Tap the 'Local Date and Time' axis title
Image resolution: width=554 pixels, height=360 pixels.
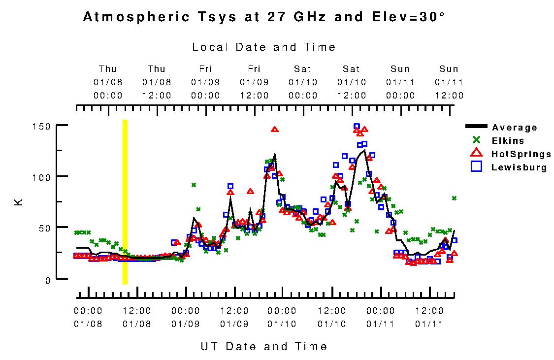click(x=264, y=47)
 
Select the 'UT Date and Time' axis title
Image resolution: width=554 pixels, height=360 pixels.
click(x=264, y=346)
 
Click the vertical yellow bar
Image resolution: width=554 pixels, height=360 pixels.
click(x=125, y=202)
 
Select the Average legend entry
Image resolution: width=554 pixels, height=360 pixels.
click(x=515, y=128)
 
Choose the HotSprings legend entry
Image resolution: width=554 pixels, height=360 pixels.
click(x=521, y=154)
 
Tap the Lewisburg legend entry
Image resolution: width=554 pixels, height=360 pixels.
click(x=519, y=167)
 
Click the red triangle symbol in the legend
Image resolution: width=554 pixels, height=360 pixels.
click(x=476, y=154)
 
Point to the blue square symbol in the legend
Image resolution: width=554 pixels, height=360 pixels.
click(x=476, y=167)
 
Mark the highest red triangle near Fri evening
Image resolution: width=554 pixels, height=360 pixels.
click(x=275, y=130)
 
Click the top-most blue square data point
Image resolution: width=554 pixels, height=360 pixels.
click(x=357, y=127)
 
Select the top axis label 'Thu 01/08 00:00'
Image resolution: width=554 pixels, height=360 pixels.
click(x=108, y=82)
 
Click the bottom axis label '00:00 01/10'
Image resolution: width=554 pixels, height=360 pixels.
click(x=283, y=317)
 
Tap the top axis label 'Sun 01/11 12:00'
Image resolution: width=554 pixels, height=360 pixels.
click(x=449, y=82)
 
